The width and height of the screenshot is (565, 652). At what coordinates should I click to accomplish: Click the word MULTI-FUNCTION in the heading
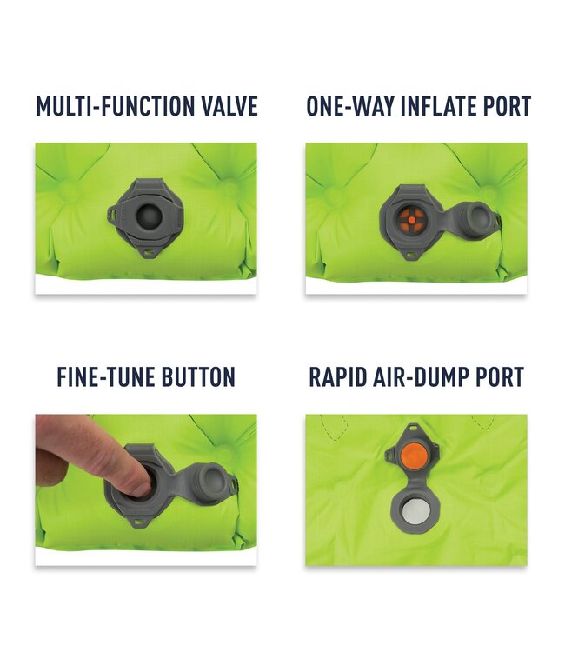pos(115,106)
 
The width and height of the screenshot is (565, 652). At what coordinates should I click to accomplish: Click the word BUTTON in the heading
pos(198,377)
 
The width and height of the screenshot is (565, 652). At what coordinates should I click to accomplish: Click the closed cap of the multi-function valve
pos(149,216)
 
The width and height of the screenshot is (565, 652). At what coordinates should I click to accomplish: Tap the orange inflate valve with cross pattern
pos(411,219)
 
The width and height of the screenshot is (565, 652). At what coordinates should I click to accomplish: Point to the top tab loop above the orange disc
pos(413,428)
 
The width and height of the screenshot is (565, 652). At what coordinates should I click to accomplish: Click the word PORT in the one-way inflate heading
pos(507,106)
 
